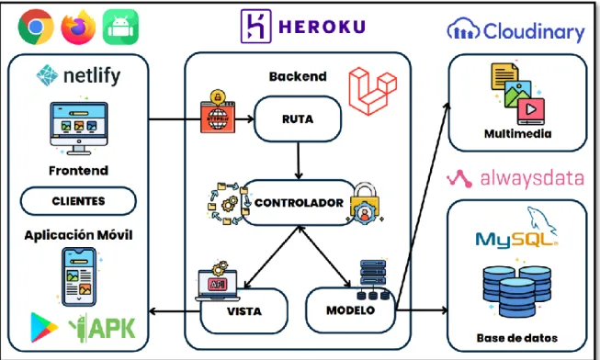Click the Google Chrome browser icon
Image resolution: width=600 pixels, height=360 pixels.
(x=36, y=27)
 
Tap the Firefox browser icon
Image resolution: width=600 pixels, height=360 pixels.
(x=78, y=27)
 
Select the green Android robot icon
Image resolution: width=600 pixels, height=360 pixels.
(x=120, y=27)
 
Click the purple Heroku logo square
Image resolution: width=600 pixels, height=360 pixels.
(x=256, y=27)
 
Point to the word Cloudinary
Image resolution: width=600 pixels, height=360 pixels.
(x=534, y=31)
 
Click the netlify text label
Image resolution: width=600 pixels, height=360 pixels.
(x=92, y=75)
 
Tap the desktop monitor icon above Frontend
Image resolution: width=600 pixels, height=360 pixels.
(x=79, y=129)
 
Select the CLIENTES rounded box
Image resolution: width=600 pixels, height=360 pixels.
(x=78, y=201)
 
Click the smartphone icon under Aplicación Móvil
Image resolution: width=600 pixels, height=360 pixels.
(x=79, y=277)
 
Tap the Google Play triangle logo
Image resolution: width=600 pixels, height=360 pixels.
(x=43, y=327)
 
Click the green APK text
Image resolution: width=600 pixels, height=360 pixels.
(x=112, y=328)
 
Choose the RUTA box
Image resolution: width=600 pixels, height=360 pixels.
(x=298, y=119)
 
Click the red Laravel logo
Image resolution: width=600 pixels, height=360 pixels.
(x=373, y=91)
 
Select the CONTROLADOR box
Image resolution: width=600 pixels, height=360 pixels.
(x=299, y=202)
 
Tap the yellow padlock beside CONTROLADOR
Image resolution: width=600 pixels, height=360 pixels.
(x=365, y=203)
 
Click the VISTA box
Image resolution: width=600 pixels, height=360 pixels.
(x=243, y=310)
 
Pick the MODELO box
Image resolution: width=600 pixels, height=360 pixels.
(x=350, y=309)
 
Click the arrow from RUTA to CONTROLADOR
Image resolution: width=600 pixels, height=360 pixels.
(x=299, y=161)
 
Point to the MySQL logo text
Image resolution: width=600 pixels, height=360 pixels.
(x=516, y=239)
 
